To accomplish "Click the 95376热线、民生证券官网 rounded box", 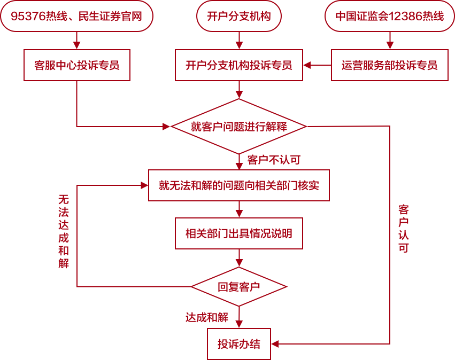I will point(76,16).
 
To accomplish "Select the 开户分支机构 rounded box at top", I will point(238,16).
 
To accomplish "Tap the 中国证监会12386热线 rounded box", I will point(389,16).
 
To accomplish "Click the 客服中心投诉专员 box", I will point(76,65).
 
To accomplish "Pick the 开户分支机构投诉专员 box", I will point(238,65).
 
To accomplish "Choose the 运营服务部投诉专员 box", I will point(389,65).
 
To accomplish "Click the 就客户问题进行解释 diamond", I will point(238,127).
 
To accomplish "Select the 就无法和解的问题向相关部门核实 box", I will point(238,185).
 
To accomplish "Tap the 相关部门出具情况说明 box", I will point(238,233).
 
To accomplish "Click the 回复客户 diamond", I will point(238,287).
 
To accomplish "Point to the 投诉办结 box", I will point(238,344).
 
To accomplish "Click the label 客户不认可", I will point(274,160).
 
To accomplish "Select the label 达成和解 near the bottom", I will point(207,317).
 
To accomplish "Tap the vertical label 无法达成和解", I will point(64,231).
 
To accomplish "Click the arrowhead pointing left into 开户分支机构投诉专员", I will point(307,65).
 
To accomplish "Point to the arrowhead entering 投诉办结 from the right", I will point(275,344).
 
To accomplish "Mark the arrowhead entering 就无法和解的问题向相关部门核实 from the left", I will point(144,185).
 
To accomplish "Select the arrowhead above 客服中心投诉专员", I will point(76,45).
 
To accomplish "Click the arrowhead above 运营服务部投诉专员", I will point(389,45).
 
